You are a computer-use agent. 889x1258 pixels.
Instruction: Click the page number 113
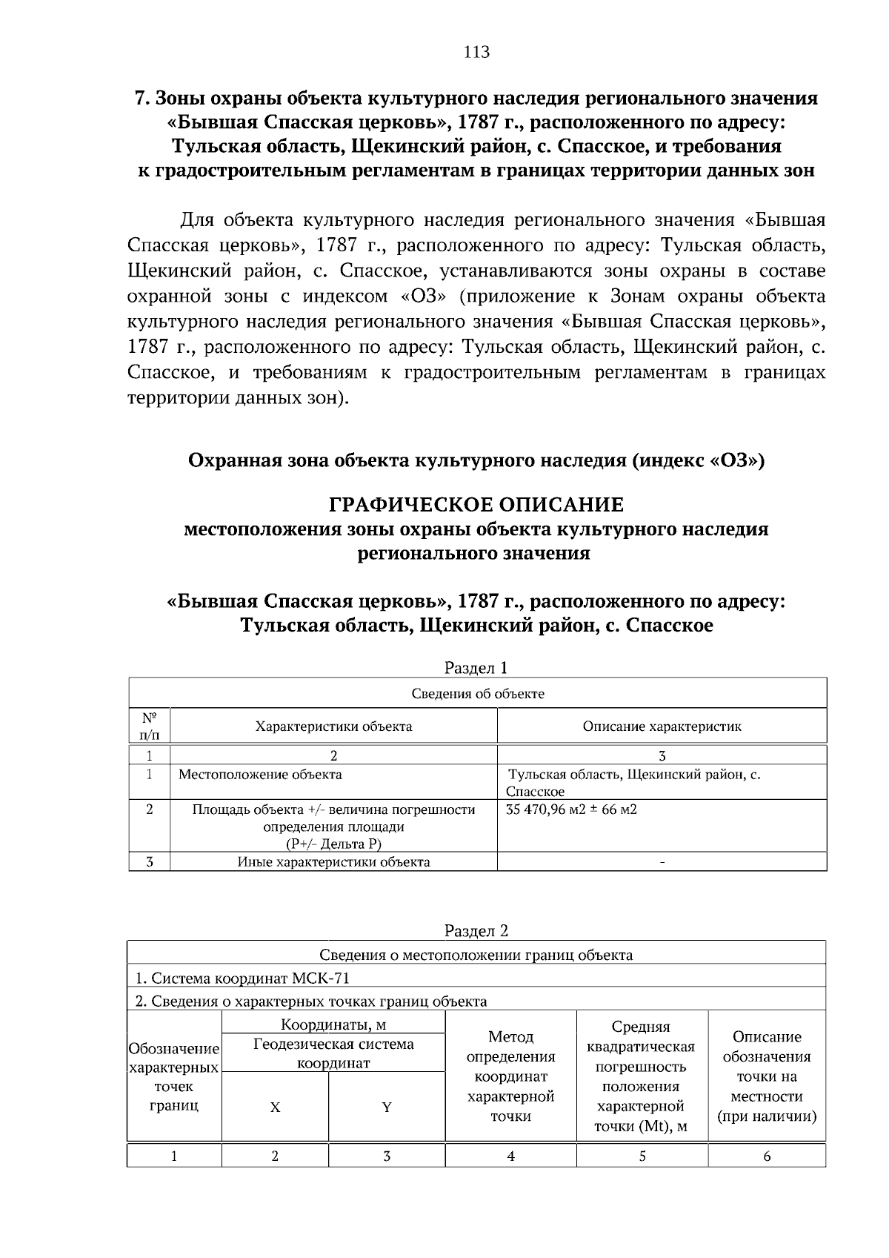[476, 52]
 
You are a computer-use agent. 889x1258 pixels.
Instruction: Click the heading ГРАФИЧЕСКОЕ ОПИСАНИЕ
[476, 506]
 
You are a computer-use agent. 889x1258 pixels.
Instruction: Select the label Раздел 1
[476, 668]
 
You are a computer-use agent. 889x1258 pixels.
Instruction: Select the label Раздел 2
[476, 930]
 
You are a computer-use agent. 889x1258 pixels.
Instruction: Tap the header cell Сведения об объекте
[478, 694]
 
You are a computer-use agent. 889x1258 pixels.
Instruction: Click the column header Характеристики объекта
[333, 726]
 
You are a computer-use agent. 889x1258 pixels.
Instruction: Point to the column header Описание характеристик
[662, 726]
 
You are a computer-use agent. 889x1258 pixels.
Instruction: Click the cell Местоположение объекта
[260, 775]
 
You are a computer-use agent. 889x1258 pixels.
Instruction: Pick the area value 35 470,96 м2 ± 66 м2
[571, 810]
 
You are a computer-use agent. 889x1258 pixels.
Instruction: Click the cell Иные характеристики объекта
[333, 862]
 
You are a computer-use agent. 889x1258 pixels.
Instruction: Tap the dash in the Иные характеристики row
[662, 863]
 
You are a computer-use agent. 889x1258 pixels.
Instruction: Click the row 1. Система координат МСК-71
[242, 979]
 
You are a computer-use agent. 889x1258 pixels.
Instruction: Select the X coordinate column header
[275, 1108]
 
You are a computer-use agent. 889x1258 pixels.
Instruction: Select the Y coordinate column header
[387, 1108]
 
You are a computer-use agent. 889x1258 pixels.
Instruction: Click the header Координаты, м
[333, 1025]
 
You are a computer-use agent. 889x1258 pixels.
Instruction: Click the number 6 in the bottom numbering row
[767, 1156]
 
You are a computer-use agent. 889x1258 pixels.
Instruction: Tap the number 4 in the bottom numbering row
[510, 1156]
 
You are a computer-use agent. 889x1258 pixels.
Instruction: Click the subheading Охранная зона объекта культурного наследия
[476, 461]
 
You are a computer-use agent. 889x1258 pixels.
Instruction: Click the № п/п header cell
[149, 726]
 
